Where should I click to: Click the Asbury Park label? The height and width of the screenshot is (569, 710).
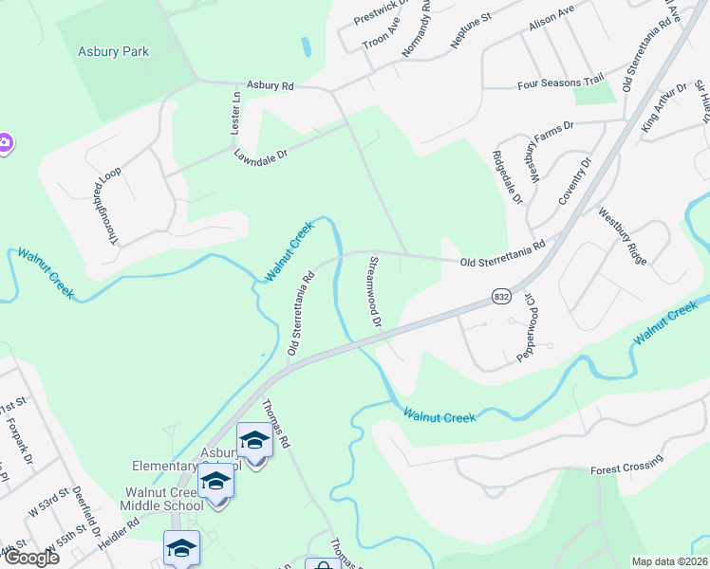(x=113, y=51)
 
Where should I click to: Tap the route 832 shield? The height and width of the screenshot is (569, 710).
(x=502, y=298)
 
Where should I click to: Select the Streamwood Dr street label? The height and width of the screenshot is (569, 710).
(x=373, y=290)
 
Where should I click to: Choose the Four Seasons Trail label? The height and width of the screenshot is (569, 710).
(x=561, y=83)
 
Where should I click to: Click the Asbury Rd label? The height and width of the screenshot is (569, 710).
(x=271, y=85)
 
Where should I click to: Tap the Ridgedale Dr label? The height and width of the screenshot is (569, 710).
(x=507, y=177)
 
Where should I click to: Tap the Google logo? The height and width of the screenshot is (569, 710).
(x=30, y=557)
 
